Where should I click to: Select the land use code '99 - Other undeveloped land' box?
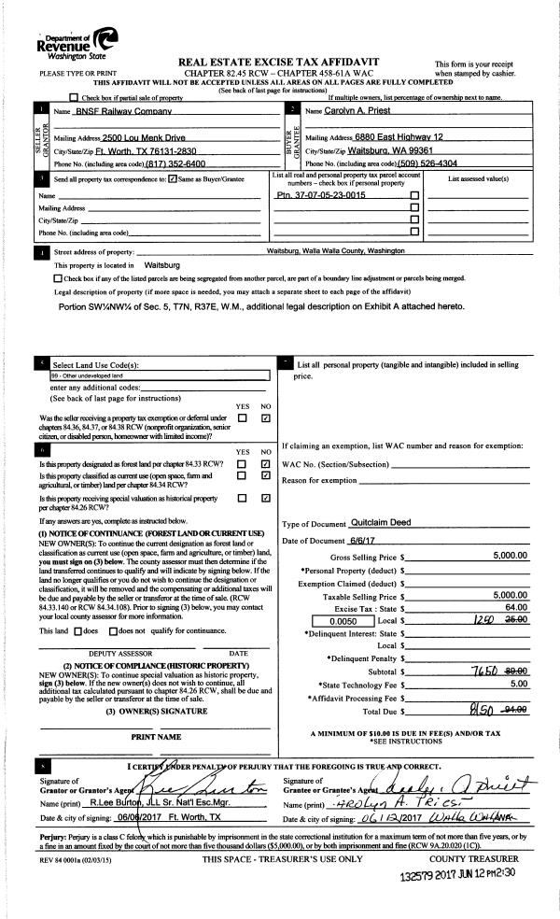pyautogui.click(x=159, y=375)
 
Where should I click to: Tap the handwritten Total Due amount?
pyautogui.click(x=486, y=708)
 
